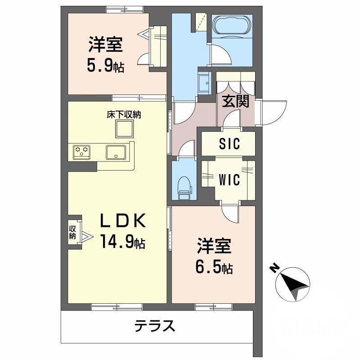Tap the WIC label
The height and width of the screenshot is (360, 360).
[229, 180]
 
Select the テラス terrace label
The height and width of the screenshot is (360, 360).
[154, 325]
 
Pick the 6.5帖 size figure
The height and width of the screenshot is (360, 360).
[214, 268]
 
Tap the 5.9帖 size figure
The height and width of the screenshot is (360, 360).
[106, 67]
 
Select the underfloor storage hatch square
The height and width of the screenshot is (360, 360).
[125, 130]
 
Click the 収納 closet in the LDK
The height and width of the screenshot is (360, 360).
[73, 233]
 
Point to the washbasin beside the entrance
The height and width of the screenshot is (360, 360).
[203, 83]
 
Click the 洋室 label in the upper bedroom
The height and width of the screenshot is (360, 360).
[106, 45]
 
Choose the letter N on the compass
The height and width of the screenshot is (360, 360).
[274, 269]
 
